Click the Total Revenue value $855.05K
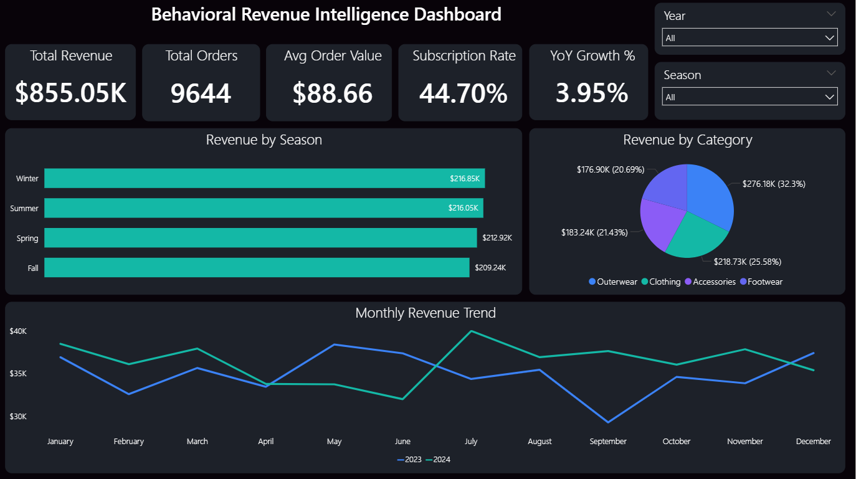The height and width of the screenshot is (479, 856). pyautogui.click(x=70, y=93)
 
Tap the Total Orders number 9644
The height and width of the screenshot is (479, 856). pyautogui.click(x=201, y=93)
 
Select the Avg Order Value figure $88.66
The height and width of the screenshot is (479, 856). pyautogui.click(x=333, y=93)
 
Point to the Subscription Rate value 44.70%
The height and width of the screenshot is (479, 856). pyautogui.click(x=463, y=93)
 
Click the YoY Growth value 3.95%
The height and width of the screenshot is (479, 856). pyautogui.click(x=592, y=93)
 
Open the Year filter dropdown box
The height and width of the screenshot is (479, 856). pyautogui.click(x=749, y=38)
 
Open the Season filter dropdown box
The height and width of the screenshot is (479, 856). pyautogui.click(x=749, y=97)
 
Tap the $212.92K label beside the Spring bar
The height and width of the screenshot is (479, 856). pyautogui.click(x=497, y=238)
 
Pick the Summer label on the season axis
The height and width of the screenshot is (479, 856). pyautogui.click(x=24, y=209)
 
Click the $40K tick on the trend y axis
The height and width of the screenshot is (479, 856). pyautogui.click(x=18, y=331)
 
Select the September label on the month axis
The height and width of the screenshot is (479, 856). pyautogui.click(x=607, y=442)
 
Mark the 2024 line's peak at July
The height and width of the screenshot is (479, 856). pyautogui.click(x=472, y=331)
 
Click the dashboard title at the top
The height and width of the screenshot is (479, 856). pyautogui.click(x=326, y=15)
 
